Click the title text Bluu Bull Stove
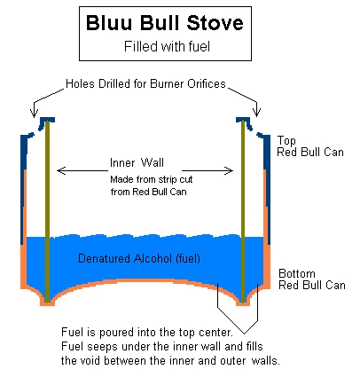(x=165, y=23)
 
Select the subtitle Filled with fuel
(x=167, y=46)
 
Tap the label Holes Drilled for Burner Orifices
(x=145, y=83)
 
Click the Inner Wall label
(x=137, y=162)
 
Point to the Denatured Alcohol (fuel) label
(x=139, y=258)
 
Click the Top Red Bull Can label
(x=310, y=146)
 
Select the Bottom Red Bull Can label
(x=312, y=279)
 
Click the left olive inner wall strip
(x=47, y=210)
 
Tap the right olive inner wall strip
(x=243, y=211)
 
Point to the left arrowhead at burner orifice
(x=34, y=113)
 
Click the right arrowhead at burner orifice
(x=256, y=112)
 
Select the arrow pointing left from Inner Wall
(x=82, y=170)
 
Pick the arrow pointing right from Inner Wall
(x=207, y=170)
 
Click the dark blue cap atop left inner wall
(x=46, y=122)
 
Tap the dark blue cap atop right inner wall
(x=244, y=122)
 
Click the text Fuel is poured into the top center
(x=147, y=333)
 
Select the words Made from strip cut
(x=152, y=179)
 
